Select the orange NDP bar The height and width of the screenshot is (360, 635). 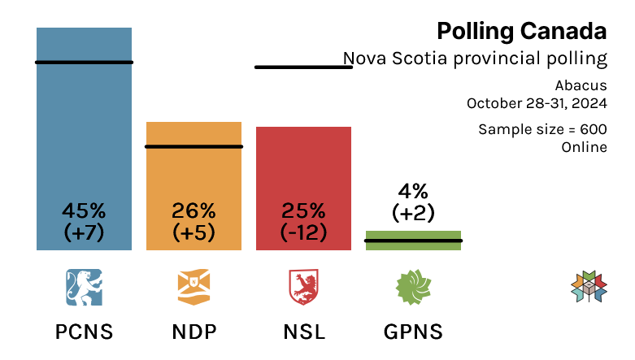[x=194, y=175]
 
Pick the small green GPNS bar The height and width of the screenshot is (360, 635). [x=413, y=241]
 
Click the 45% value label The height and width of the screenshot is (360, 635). [x=84, y=210]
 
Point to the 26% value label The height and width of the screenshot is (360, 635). [x=194, y=210]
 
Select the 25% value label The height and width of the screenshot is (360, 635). [x=303, y=210]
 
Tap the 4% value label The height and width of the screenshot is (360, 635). [x=413, y=192]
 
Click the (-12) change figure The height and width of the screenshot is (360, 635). [x=303, y=232]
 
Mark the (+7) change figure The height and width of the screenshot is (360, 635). [x=84, y=232]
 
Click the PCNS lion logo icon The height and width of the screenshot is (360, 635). [x=84, y=287]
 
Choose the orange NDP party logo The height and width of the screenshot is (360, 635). [x=194, y=287]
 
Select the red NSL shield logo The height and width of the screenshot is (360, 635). [x=303, y=287]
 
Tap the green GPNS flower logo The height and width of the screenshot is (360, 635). [x=413, y=287]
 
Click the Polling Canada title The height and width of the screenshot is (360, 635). [x=521, y=32]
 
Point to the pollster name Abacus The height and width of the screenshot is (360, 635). [x=581, y=85]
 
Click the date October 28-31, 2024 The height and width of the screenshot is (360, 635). [x=537, y=103]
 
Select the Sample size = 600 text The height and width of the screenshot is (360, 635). [x=542, y=129]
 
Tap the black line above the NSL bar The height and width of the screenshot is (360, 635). [x=303, y=67]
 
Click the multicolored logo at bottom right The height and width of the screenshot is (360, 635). [x=589, y=288]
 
